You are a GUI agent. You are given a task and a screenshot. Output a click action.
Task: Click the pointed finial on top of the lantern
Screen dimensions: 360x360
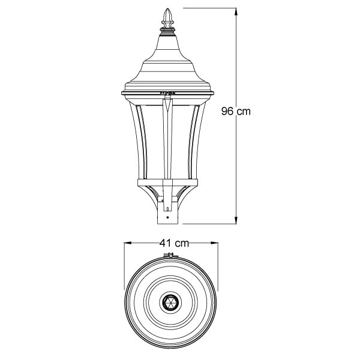(167, 19)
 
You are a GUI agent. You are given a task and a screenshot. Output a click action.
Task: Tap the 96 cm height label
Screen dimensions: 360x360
(235, 111)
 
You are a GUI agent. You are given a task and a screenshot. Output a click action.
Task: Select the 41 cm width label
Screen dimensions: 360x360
(174, 243)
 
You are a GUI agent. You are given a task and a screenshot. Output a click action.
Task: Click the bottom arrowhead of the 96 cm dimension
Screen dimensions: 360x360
(234, 221)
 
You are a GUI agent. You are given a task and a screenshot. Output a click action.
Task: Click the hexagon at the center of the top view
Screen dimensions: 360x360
(170, 302)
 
